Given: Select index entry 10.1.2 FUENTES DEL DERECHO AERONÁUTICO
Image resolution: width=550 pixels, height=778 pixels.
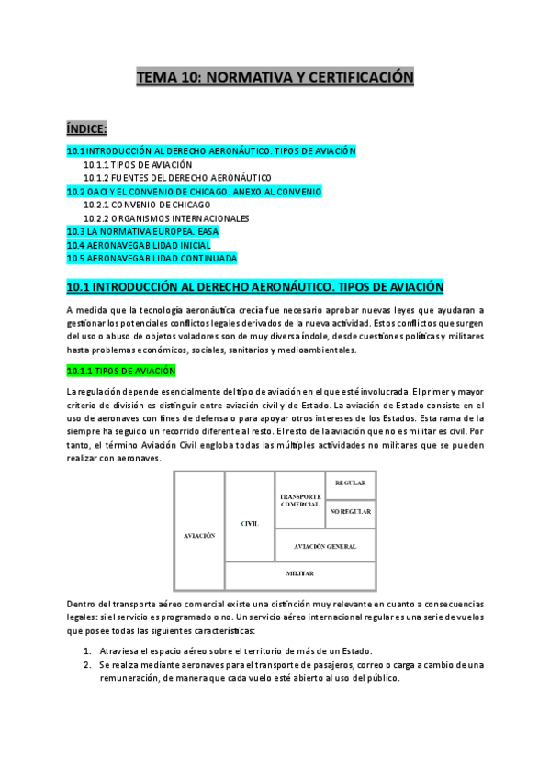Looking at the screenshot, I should [177, 178].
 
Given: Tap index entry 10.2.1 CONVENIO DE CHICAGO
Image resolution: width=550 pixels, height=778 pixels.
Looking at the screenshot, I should [147, 206].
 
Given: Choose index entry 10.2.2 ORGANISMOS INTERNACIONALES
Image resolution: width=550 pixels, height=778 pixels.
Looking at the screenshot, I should [166, 219].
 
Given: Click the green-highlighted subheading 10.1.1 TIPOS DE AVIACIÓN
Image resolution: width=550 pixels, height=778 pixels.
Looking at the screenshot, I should [128, 371].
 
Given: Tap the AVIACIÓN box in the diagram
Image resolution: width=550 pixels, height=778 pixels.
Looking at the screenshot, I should [199, 534].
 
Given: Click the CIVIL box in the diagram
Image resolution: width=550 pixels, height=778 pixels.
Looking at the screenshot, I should [249, 523].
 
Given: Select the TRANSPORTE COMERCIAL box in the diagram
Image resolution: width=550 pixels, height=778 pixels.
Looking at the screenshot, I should [299, 501].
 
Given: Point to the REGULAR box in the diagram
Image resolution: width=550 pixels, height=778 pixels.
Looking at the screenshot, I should [351, 483].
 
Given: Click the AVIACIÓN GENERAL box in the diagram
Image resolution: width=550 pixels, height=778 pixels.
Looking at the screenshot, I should [325, 546].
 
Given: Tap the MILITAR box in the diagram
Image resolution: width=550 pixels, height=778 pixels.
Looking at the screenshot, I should [299, 573].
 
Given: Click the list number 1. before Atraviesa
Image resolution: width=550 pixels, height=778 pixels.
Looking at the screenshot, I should [86, 650].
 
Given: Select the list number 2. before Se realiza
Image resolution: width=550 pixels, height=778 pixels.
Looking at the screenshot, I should [86, 664].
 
